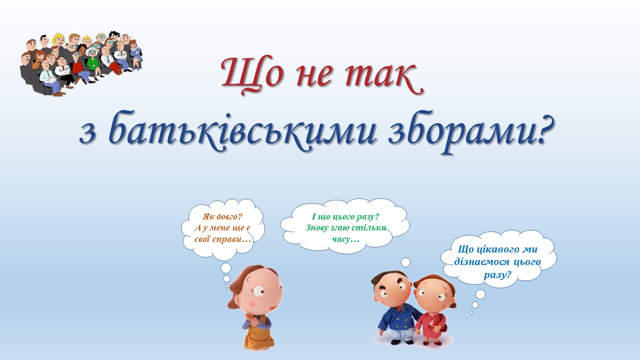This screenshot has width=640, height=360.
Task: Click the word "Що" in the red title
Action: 252,75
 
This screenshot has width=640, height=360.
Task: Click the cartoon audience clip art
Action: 81,63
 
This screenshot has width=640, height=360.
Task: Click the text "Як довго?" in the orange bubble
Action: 222,216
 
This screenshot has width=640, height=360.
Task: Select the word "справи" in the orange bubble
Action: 231,239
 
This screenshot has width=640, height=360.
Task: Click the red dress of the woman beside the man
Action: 430,325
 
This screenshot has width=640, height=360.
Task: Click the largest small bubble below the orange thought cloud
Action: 226,268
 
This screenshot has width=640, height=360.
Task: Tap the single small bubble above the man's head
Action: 405,262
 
